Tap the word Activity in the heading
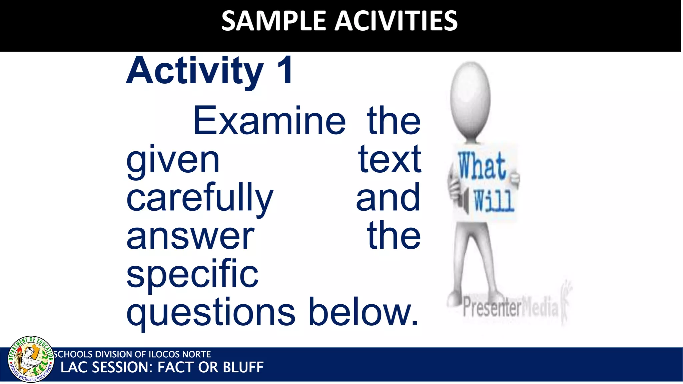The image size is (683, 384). (195, 71)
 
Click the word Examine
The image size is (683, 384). (269, 121)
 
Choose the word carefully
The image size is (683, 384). (200, 199)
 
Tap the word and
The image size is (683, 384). (388, 198)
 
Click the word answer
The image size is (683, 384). (190, 237)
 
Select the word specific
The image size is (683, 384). (192, 275)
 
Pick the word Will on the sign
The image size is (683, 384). (494, 201)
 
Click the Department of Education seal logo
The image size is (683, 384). (31, 359)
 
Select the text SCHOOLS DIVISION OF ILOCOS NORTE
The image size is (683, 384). (132, 354)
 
